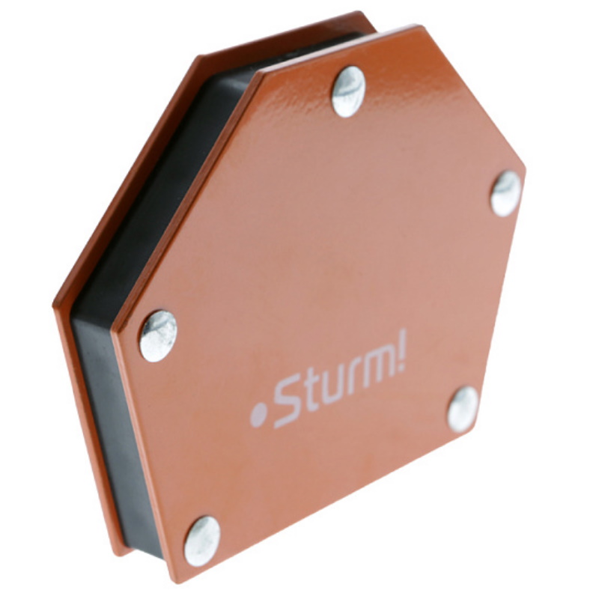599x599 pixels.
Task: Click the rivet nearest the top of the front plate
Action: click(348, 91)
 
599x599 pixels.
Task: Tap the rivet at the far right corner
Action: click(506, 194)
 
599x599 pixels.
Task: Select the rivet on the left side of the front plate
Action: click(158, 336)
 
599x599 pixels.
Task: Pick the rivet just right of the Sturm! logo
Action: click(463, 410)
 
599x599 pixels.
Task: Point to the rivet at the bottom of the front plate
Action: click(202, 541)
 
